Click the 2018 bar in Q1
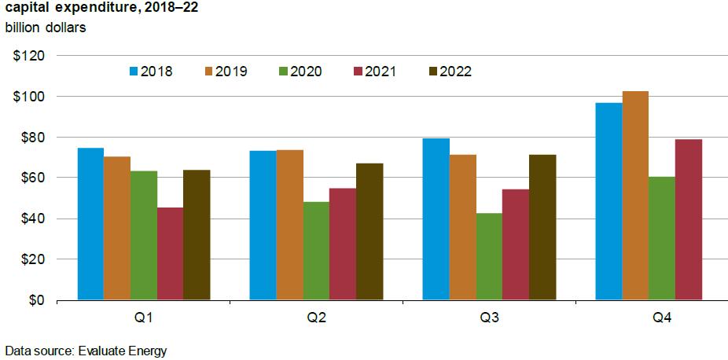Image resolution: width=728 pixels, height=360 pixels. coord(90,224)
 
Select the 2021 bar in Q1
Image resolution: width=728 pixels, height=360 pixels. coord(170,254)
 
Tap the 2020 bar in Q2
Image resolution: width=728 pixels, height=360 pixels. coord(316,251)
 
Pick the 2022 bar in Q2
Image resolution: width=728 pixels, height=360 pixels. coord(370,232)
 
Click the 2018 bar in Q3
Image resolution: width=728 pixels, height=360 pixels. coord(436,219)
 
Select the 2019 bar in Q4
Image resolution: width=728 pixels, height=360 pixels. coord(635,196)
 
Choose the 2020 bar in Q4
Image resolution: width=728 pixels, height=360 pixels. coord(662,238)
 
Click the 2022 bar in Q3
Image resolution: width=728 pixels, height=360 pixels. coord(542,227)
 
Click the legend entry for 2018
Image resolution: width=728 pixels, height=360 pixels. coord(150,72)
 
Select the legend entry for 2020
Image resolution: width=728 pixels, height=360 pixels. coord(300,72)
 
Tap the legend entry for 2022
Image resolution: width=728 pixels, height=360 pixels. coord(450,72)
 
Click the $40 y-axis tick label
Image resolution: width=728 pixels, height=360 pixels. coord(31,219)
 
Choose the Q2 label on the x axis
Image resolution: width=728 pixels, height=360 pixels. coord(316,319)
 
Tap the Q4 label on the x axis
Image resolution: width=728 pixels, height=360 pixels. coord(662,319)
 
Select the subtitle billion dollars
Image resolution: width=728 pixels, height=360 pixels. coord(45,28)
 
